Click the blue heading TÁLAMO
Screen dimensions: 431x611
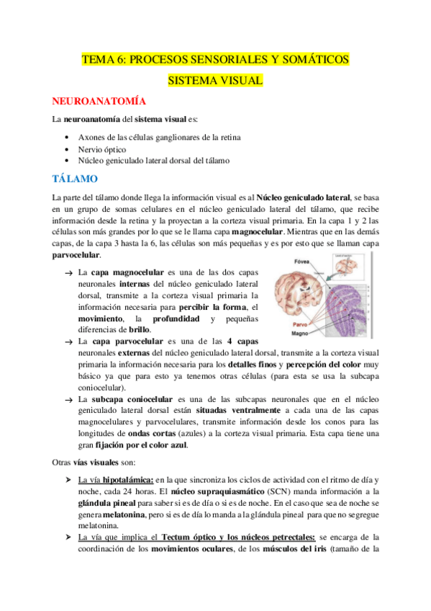click(x=80, y=178)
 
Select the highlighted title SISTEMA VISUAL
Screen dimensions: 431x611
click(x=215, y=81)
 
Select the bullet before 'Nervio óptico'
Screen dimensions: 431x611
click(x=67, y=149)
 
